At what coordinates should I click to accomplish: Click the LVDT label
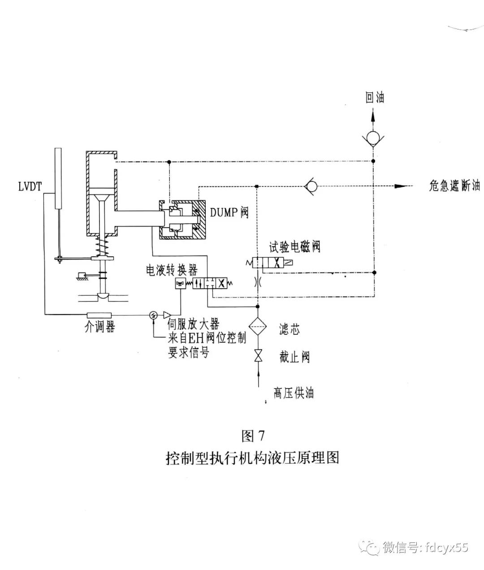tap(30, 186)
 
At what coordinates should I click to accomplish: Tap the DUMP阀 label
tap(229, 212)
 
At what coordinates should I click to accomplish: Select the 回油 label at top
tap(375, 97)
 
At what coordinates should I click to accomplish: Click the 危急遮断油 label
tap(454, 186)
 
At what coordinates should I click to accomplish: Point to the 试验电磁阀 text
tap(294, 246)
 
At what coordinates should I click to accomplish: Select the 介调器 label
tap(99, 327)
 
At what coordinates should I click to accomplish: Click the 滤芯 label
tap(289, 329)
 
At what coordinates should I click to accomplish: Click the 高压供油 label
tap(294, 393)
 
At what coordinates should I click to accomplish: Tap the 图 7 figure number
tap(253, 435)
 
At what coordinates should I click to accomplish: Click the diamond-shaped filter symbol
tap(258, 328)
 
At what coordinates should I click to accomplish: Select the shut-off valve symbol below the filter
tap(258, 356)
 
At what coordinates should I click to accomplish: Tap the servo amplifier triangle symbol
tap(168, 315)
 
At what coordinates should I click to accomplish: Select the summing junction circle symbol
tap(154, 315)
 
